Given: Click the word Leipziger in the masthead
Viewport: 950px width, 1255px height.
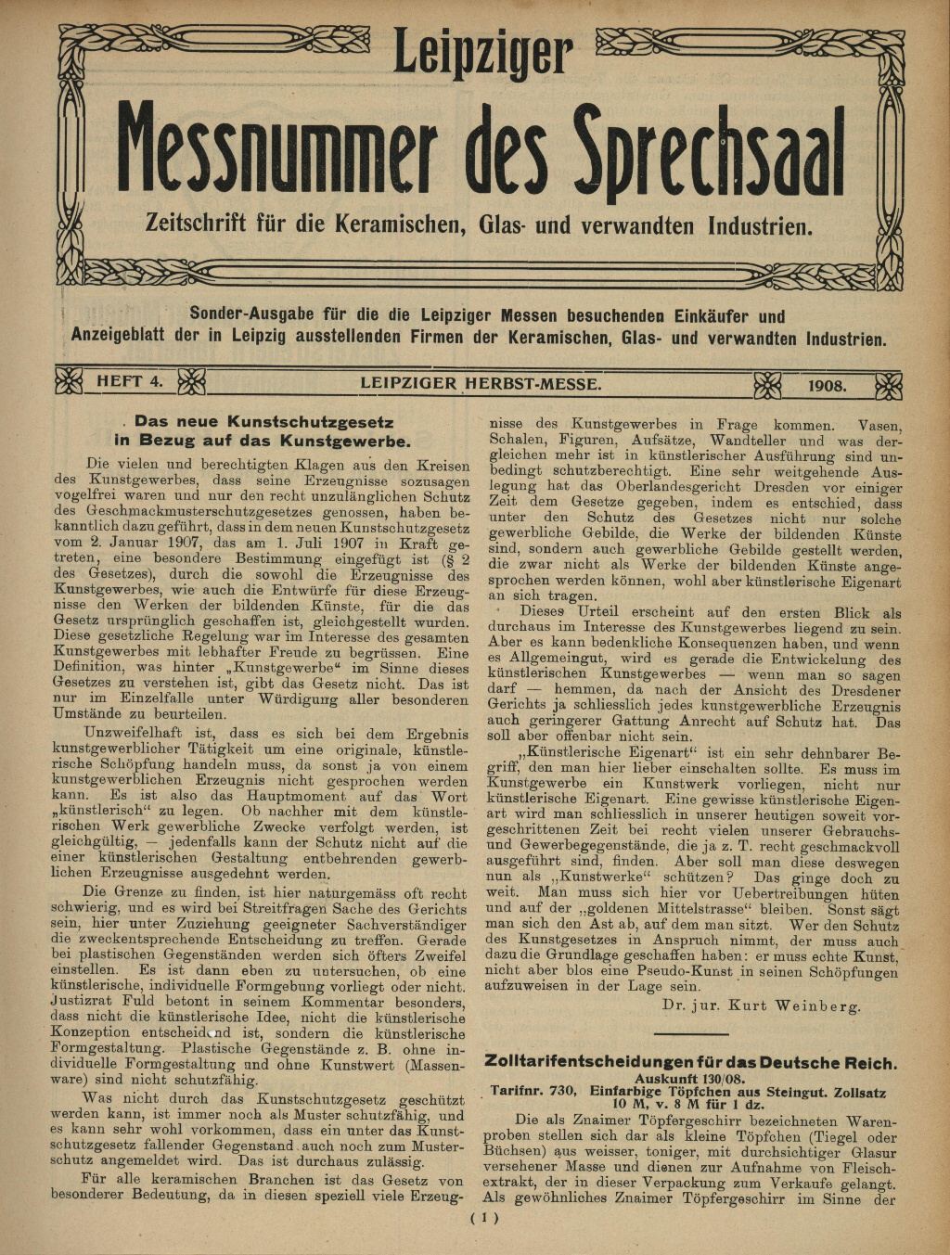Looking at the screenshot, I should [481, 54].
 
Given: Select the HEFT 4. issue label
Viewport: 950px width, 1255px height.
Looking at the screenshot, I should [129, 381].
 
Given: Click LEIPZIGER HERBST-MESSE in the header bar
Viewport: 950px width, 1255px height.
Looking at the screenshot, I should [481, 382].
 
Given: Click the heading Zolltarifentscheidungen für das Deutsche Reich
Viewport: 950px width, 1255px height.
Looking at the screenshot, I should [690, 1063].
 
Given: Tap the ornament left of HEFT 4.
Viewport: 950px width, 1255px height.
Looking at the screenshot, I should [69, 381].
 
